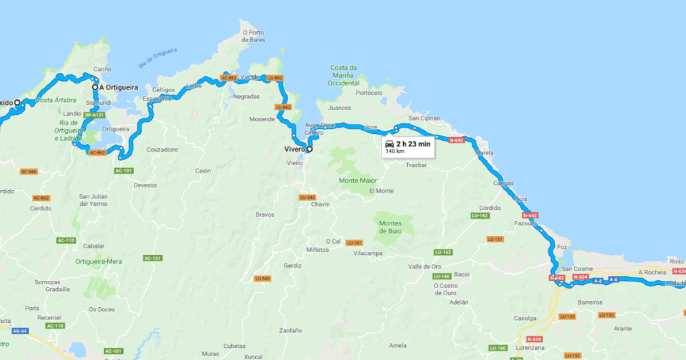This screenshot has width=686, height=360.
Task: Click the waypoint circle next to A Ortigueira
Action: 95,87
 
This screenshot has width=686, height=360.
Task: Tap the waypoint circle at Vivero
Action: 309,149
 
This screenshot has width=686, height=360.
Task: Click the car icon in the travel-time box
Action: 389,144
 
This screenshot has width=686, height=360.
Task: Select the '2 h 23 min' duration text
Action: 413,144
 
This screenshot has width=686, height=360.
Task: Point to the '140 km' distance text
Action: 394,152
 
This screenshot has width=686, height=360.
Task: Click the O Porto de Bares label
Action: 252,36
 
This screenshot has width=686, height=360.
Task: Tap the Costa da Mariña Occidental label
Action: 343,75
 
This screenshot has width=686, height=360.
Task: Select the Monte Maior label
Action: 358,181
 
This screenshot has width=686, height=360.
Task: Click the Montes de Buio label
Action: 390,227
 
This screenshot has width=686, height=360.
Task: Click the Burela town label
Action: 485,153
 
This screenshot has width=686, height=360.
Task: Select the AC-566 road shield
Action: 28,171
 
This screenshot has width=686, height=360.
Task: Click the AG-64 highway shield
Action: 20,330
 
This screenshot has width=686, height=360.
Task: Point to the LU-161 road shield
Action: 354,242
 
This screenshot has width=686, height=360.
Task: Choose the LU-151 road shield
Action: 495,239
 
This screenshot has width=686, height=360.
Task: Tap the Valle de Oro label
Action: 424,267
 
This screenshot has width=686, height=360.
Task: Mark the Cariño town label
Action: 102,70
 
